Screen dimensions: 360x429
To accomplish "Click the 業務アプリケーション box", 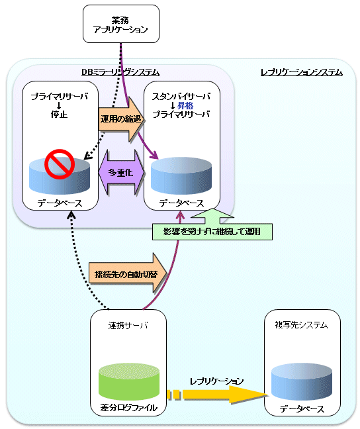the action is pos(121,24).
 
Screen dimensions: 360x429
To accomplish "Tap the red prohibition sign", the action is pos(60,164).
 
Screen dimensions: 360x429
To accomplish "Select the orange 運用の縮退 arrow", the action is pos(122,119).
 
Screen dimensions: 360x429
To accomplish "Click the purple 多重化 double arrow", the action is pos(122,172).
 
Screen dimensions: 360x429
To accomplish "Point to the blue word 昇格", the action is pos(185,105).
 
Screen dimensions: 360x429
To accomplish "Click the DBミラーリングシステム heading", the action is pos(120,72).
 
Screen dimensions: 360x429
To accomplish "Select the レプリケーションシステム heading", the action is pos(302,72).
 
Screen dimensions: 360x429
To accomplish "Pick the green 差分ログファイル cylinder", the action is pos(129,382).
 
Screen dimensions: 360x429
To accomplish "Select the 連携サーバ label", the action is pos(128,325).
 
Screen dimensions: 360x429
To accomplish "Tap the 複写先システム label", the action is pos(302,325).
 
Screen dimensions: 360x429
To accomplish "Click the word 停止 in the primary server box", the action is pos(59,115).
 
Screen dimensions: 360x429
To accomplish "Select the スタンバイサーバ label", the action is pos(181,96).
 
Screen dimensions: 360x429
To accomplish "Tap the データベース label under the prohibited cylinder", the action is pos(60,203).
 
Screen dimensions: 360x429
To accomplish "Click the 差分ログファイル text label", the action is pos(128,408).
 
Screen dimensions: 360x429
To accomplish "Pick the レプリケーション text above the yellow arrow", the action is pos(216,381).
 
